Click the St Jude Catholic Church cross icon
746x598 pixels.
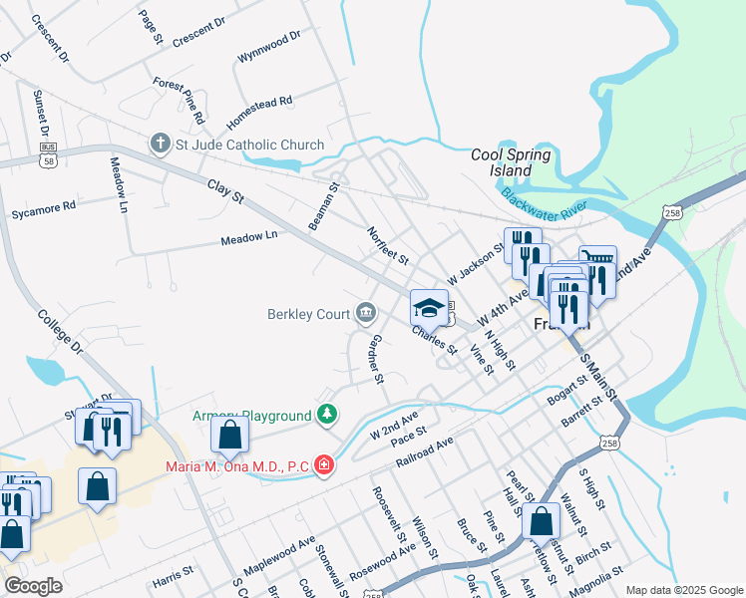point(160,145)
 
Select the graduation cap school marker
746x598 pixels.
point(430,308)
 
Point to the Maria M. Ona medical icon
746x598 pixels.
point(323,464)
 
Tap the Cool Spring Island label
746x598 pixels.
point(511,162)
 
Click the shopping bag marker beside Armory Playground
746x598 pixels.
point(230,436)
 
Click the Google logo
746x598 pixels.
point(34,585)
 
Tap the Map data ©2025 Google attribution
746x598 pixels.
point(684,589)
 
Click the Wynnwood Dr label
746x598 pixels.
point(268,47)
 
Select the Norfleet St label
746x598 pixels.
point(388,244)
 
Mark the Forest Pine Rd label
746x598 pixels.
point(179,101)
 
